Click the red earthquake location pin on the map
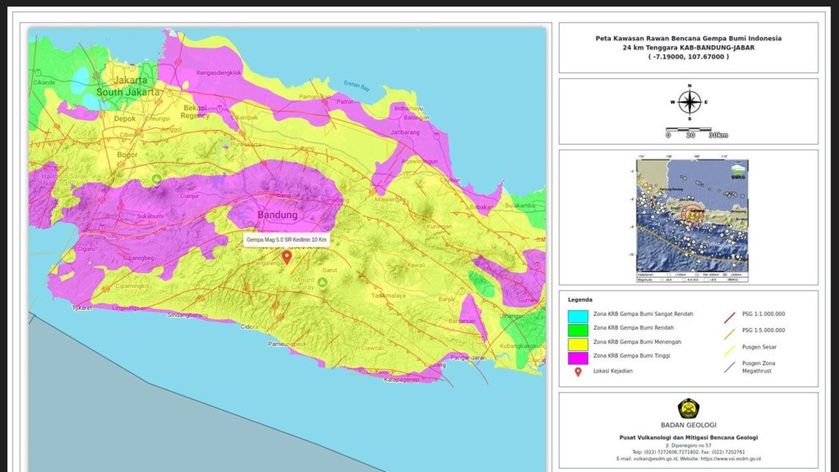click(286, 256)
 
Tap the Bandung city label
click(277, 215)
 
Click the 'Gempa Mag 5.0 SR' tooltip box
click(286, 240)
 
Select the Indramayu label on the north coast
click(410, 108)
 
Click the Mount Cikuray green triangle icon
click(322, 283)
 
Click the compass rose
click(689, 102)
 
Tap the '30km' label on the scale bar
click(718, 135)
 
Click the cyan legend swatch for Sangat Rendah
click(577, 315)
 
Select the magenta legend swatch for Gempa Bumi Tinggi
click(577, 357)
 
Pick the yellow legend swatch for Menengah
click(577, 343)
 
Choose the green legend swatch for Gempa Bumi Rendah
click(577, 329)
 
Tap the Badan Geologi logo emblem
click(688, 408)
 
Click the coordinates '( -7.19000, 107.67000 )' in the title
click(688, 57)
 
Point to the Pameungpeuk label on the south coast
click(287, 344)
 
